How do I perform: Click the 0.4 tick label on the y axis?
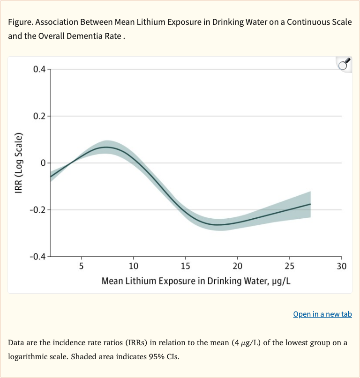[39, 69]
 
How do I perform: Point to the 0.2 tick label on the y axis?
[39, 116]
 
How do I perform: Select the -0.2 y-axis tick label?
[37, 210]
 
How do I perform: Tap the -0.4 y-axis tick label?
[37, 257]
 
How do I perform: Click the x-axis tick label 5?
[81, 267]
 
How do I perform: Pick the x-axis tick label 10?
[133, 267]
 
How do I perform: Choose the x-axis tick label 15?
[185, 267]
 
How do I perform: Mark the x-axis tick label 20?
[237, 267]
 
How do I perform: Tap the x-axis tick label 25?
[289, 267]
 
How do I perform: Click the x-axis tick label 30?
[341, 267]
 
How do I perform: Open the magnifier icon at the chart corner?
[344, 64]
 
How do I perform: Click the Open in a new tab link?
[322, 314]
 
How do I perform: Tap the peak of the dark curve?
[107, 147]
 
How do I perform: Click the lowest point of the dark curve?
[218, 224]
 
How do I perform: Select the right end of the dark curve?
[310, 204]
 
